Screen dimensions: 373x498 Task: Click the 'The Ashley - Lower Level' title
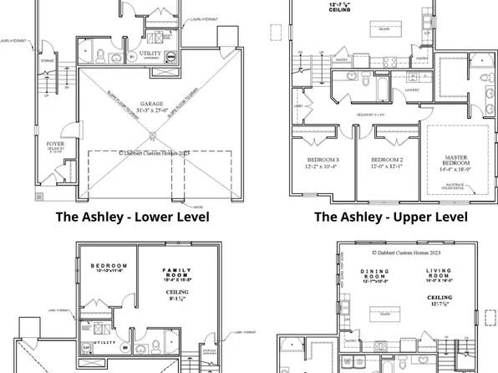(132, 217)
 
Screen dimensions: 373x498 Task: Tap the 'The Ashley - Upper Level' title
(390, 217)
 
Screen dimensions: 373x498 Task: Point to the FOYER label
(55, 144)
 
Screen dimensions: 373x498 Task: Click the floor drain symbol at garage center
(151, 136)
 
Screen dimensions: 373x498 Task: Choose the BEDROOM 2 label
(387, 159)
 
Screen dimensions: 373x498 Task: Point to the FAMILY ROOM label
(177, 274)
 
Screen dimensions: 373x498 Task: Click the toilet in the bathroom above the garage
(99, 57)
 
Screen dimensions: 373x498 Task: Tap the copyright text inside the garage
(152, 153)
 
